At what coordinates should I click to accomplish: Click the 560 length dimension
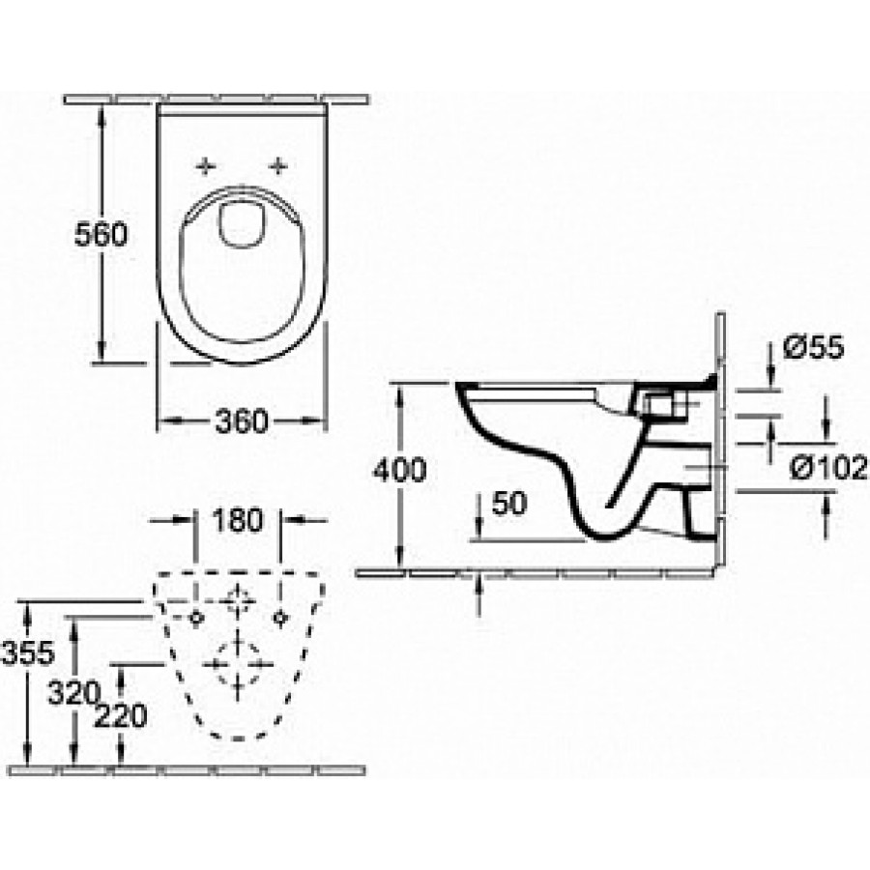click(101, 234)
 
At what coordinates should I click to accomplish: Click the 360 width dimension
click(242, 421)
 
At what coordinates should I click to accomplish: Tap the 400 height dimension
click(399, 470)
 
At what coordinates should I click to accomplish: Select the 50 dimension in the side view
click(509, 504)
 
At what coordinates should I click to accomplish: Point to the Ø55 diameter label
click(813, 347)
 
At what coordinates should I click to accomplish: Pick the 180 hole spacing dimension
click(238, 520)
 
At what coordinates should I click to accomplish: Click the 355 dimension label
click(28, 653)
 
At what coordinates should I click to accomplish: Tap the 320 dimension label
click(73, 693)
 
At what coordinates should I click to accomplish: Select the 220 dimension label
click(121, 715)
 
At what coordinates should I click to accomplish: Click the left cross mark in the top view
click(207, 165)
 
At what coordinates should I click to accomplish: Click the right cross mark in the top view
click(278, 165)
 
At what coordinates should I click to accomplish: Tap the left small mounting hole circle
click(195, 617)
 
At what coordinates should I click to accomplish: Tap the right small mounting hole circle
click(280, 617)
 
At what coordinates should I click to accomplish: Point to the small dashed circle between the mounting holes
click(238, 600)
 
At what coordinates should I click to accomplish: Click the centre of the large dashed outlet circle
click(238, 664)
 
